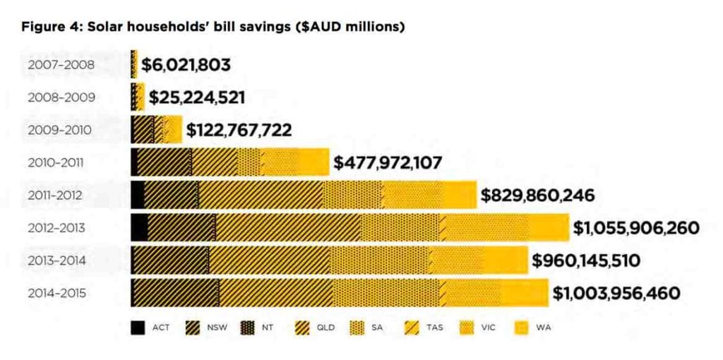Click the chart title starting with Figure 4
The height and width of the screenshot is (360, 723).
coord(212,28)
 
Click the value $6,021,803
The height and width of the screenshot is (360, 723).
coord(186,66)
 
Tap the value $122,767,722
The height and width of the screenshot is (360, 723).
coord(239,131)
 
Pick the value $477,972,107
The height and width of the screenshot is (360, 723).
coord(388,163)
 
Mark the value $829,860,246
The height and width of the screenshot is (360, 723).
coord(537,196)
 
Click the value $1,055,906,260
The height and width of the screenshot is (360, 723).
coord(636,228)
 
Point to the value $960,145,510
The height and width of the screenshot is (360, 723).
coord(586,260)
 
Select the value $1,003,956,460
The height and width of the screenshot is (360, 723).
coord(616,293)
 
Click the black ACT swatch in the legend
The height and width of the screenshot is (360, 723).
coord(138,328)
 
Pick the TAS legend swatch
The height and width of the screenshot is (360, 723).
coord(412,328)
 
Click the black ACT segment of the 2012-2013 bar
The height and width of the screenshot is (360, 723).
coord(139,227)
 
